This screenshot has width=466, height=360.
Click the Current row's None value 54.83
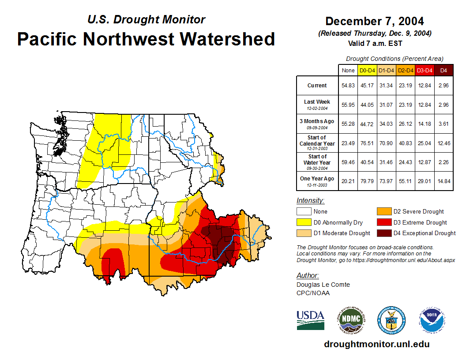click(348, 86)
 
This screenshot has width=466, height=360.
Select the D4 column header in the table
click(443, 70)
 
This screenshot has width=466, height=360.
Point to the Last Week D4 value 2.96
click(443, 105)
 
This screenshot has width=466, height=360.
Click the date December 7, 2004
click(374, 21)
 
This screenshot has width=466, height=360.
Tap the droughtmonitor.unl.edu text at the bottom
click(376, 344)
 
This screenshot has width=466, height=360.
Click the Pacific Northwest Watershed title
click(146, 39)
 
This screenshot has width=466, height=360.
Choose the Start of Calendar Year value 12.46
click(443, 143)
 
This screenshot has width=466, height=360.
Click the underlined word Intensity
click(310, 201)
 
